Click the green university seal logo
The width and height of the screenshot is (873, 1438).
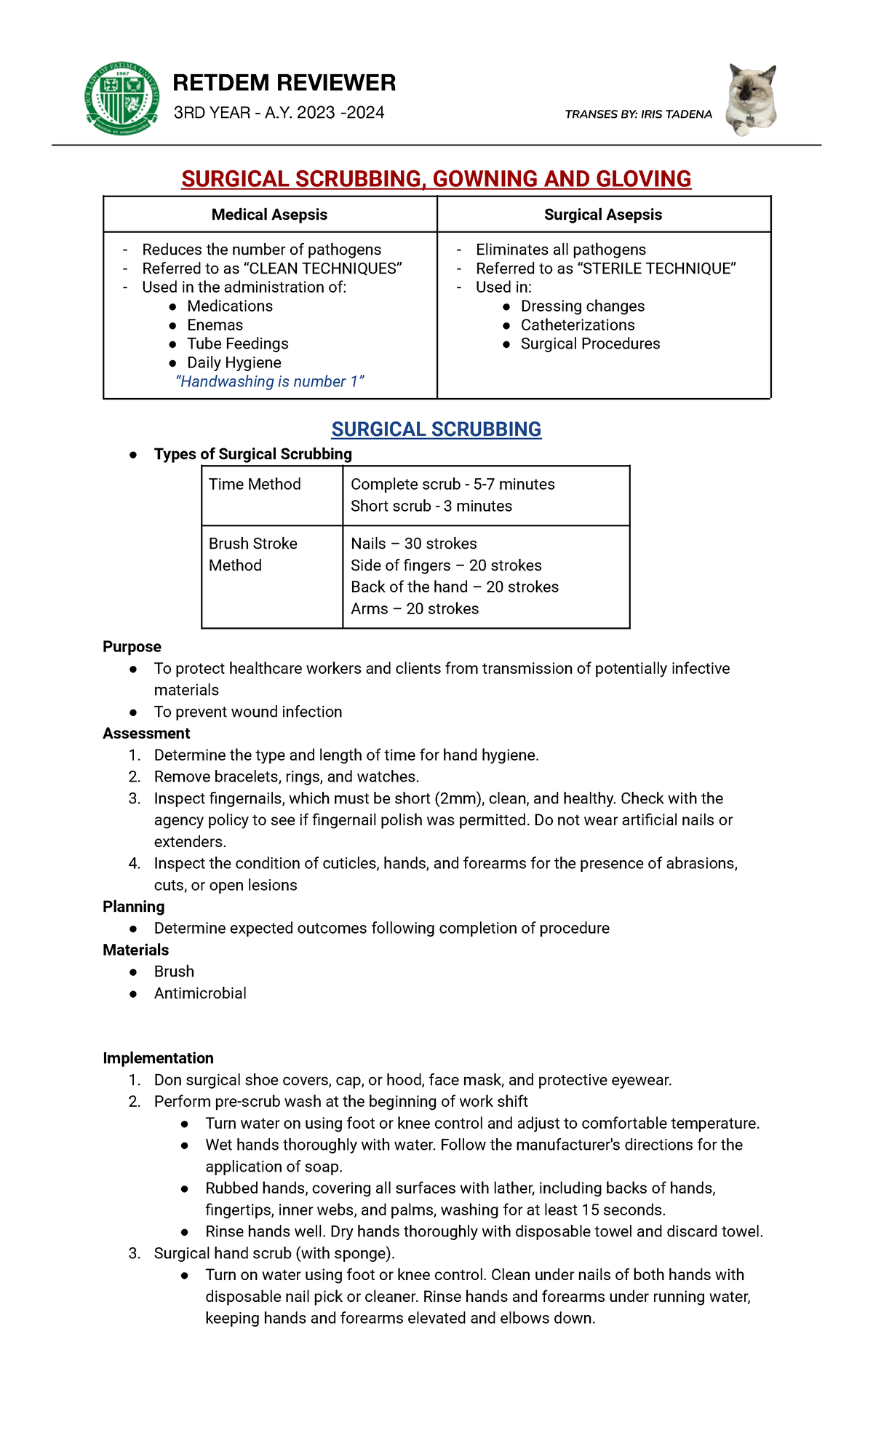[x=122, y=98]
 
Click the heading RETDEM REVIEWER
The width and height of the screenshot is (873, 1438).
[x=284, y=83]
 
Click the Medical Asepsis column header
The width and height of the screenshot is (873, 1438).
[x=269, y=215]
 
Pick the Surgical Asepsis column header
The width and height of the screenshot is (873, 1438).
[x=602, y=215]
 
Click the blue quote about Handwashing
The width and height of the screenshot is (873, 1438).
[x=269, y=382]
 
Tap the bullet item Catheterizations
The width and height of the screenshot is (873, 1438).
[x=577, y=325]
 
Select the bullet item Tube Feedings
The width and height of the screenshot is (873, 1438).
[x=237, y=344]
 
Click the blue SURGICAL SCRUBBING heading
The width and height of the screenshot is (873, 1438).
[x=436, y=429]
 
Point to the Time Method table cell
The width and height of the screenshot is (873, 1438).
[x=255, y=485]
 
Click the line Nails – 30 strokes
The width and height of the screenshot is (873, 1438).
[x=413, y=544]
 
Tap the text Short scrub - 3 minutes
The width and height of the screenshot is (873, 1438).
[x=431, y=507]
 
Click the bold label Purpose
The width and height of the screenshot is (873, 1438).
[x=132, y=647]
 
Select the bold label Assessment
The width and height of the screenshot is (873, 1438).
[x=146, y=734]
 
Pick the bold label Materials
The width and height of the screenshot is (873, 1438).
[x=135, y=950]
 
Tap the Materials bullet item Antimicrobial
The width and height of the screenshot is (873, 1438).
[x=200, y=993]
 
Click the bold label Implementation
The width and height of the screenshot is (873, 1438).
[x=158, y=1058]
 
